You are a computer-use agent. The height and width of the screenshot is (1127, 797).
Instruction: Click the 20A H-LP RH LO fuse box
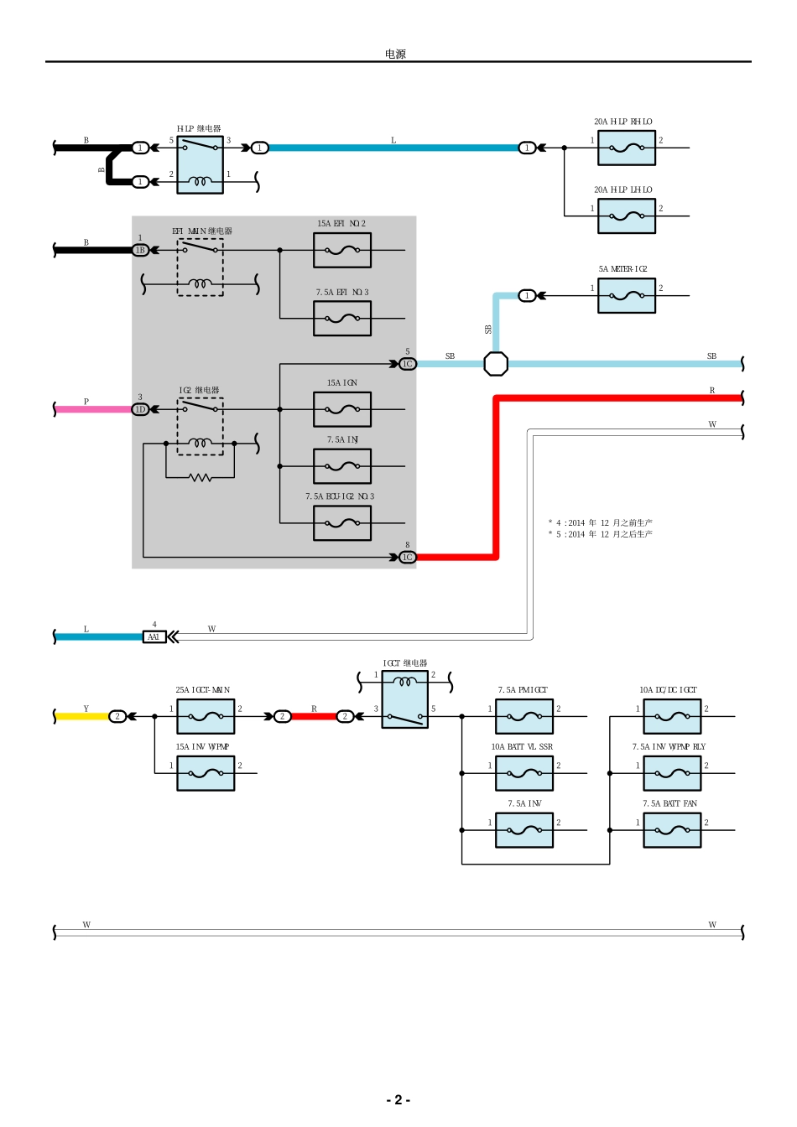626,148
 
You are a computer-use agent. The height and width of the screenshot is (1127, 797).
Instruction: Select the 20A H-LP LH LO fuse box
626,216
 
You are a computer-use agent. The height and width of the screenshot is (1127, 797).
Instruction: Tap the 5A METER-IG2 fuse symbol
626,296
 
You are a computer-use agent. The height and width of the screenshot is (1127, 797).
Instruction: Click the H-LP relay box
200,165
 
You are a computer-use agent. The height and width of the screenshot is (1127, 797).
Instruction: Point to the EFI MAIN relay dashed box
200,267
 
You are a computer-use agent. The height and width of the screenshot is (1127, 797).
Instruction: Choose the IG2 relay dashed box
200,426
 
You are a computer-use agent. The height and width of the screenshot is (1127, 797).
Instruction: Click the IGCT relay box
405,699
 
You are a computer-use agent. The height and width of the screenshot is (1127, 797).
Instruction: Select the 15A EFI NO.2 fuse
342,250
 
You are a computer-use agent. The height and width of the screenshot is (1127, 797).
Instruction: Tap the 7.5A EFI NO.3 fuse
342,319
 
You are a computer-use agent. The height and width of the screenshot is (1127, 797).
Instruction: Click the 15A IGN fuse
342,409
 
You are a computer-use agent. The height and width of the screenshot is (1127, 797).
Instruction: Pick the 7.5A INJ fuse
342,466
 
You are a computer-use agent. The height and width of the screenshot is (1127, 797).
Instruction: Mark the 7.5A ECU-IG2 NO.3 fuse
342,523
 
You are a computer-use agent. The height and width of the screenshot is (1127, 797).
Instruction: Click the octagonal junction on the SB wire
496,364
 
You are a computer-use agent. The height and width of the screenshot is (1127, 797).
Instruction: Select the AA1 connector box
154,637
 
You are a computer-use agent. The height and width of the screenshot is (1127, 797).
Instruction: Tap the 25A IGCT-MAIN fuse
206,717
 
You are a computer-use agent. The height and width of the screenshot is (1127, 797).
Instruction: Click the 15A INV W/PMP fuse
206,773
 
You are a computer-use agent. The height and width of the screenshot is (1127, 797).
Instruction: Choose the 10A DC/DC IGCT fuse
672,717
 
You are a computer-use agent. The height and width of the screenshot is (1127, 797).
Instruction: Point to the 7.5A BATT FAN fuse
672,830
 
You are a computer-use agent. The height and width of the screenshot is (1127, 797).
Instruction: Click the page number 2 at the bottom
398,1100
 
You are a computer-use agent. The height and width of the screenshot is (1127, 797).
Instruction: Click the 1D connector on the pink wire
141,409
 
